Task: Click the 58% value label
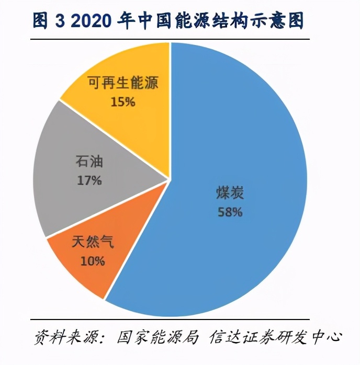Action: pyautogui.click(x=229, y=212)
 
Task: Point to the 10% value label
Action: pyautogui.click(x=93, y=260)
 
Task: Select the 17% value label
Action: pyautogui.click(x=88, y=181)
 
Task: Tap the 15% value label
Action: pyautogui.click(x=123, y=101)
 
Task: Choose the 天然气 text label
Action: pyautogui.click(x=92, y=243)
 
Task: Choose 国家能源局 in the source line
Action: pyautogui.click(x=157, y=336)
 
